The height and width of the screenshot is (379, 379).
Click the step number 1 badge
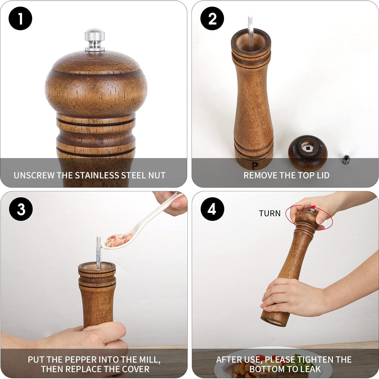click(x=20, y=18)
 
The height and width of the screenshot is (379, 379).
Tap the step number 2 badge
click(x=212, y=18)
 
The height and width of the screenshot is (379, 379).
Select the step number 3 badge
click(x=21, y=209)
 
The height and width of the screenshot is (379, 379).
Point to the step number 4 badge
click(x=212, y=209)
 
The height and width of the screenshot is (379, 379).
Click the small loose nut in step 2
click(x=345, y=159)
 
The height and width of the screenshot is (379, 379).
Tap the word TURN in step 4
click(x=270, y=213)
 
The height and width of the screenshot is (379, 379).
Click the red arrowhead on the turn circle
click(x=314, y=206)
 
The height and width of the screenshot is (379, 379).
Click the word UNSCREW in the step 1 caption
click(x=34, y=175)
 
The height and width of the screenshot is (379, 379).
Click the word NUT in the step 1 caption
click(x=157, y=175)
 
